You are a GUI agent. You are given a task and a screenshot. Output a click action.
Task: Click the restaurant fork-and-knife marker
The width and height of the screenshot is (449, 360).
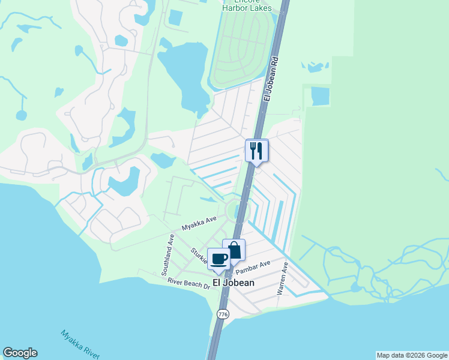[x=256, y=150]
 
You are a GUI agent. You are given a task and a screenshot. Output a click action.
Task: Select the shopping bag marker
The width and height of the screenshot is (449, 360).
[x=234, y=250]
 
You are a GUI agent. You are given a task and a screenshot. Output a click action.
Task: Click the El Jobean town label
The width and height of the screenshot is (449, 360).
[x=234, y=283]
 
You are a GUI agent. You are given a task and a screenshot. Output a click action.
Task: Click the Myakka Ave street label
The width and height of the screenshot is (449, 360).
[x=199, y=224]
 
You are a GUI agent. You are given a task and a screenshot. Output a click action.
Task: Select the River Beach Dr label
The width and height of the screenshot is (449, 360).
[x=189, y=283]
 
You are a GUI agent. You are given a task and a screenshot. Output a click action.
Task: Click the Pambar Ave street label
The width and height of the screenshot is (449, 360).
[x=258, y=266]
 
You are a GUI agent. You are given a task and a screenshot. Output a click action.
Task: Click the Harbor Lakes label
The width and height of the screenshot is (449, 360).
[x=247, y=8]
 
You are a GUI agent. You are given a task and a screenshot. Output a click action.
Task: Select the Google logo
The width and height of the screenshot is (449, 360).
[x=20, y=353]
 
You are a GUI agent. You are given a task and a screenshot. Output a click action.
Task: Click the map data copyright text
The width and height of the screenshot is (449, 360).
[x=412, y=355]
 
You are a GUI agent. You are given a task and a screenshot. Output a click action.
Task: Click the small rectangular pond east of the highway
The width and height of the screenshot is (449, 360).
[x=321, y=96]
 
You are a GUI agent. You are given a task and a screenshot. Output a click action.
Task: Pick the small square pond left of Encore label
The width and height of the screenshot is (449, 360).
[x=176, y=17]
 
